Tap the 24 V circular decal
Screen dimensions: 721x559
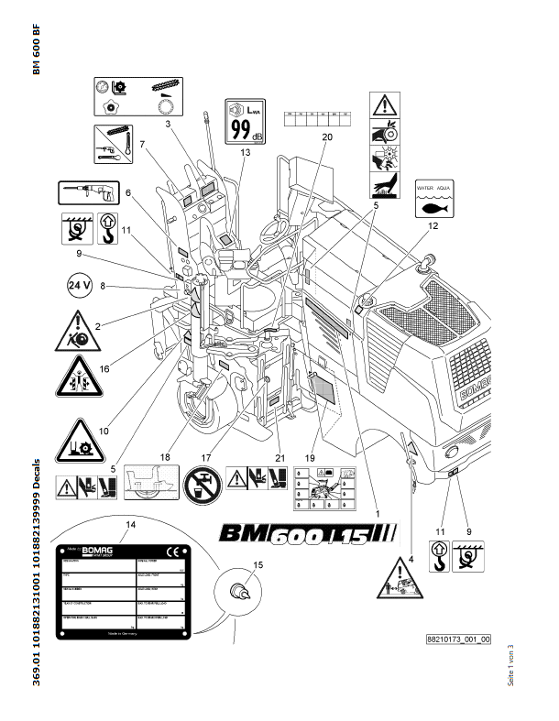[x=79, y=286]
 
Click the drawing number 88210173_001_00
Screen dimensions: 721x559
[x=458, y=639]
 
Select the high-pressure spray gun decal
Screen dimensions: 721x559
[x=85, y=192]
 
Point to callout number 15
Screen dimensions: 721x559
[x=257, y=565]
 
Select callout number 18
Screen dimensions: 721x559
[x=166, y=454]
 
